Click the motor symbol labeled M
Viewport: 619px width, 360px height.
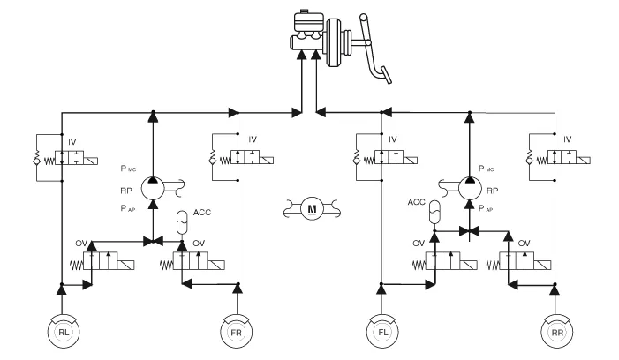[311, 209]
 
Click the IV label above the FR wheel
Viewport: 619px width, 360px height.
[253, 139]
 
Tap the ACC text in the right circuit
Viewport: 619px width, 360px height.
[416, 201]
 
